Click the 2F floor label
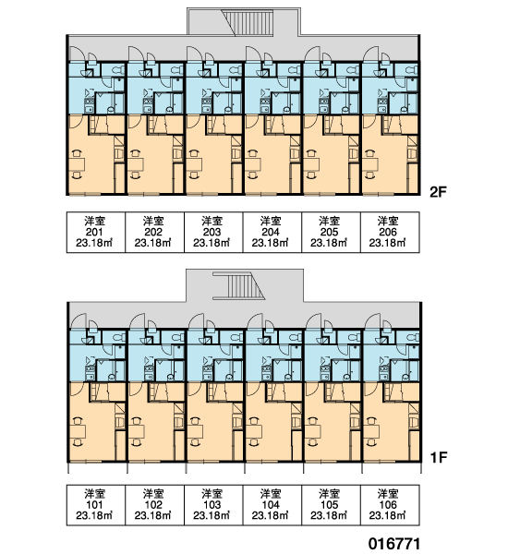click(x=438, y=192)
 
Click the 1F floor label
click(x=439, y=458)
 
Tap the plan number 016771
click(x=394, y=544)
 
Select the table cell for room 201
click(x=96, y=232)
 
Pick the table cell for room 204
click(x=272, y=232)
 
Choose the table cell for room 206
click(x=390, y=232)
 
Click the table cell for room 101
click(x=96, y=505)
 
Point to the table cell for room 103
click(x=213, y=505)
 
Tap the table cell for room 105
click(x=331, y=505)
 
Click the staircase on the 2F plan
click(x=248, y=23)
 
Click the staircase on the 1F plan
click(x=239, y=285)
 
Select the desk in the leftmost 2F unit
click(x=77, y=164)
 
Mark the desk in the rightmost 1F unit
click(x=371, y=431)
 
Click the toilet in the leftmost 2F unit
click(x=117, y=69)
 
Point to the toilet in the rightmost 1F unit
click(x=412, y=337)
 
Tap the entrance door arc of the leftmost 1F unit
click(x=79, y=319)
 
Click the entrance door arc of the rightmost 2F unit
click(x=372, y=53)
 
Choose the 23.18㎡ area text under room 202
click(x=152, y=243)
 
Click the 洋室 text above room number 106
click(x=388, y=494)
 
